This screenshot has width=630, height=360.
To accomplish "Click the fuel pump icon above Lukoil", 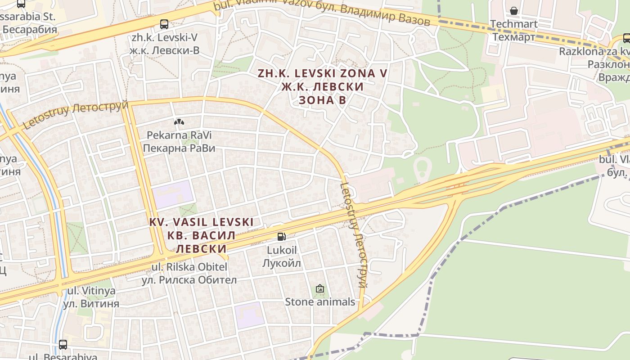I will pos(281,236).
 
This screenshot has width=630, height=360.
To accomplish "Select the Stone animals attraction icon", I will pos(320,288).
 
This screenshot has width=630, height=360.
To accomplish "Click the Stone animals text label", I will pos(320,301).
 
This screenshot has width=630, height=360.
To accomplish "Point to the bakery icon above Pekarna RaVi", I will pos(179,122).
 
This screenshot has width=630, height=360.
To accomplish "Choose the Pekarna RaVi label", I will pos(179,141).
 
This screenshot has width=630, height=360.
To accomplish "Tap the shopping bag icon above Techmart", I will pos(513,10).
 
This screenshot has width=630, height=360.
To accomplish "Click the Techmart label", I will pos(514,30).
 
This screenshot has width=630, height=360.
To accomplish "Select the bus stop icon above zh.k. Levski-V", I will pos(164,24).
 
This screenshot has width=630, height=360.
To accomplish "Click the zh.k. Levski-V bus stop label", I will pos(164,44).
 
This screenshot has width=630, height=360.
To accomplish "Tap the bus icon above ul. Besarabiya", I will pos(63,345).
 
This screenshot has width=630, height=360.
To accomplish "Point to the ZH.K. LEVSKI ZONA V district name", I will pos(322,86).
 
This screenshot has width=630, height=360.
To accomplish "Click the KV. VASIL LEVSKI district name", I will pos(201,235).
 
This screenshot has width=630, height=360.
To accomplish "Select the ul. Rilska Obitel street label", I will pos(189,273).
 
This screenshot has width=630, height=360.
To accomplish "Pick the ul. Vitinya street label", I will pos(91,297).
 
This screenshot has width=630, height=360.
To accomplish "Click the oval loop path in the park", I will pos(423,170).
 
